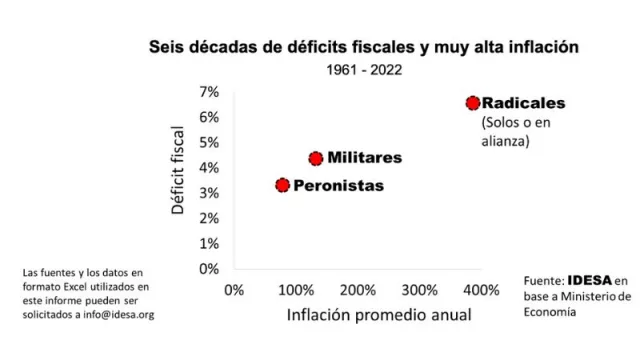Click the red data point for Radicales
[x=473, y=103]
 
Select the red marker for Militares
[x=316, y=158]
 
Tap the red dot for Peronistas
[x=283, y=185]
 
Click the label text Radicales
[x=523, y=103]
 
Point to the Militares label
[x=364, y=158]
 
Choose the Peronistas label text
[x=338, y=185]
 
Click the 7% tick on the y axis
[x=208, y=92]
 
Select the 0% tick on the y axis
[x=208, y=268]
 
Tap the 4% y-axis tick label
[x=208, y=167]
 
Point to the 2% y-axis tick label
[x=208, y=218]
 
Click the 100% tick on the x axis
[x=296, y=290]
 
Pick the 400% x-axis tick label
[x=481, y=290]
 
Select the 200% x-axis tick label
[x=358, y=290]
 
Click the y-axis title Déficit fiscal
[x=180, y=172]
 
